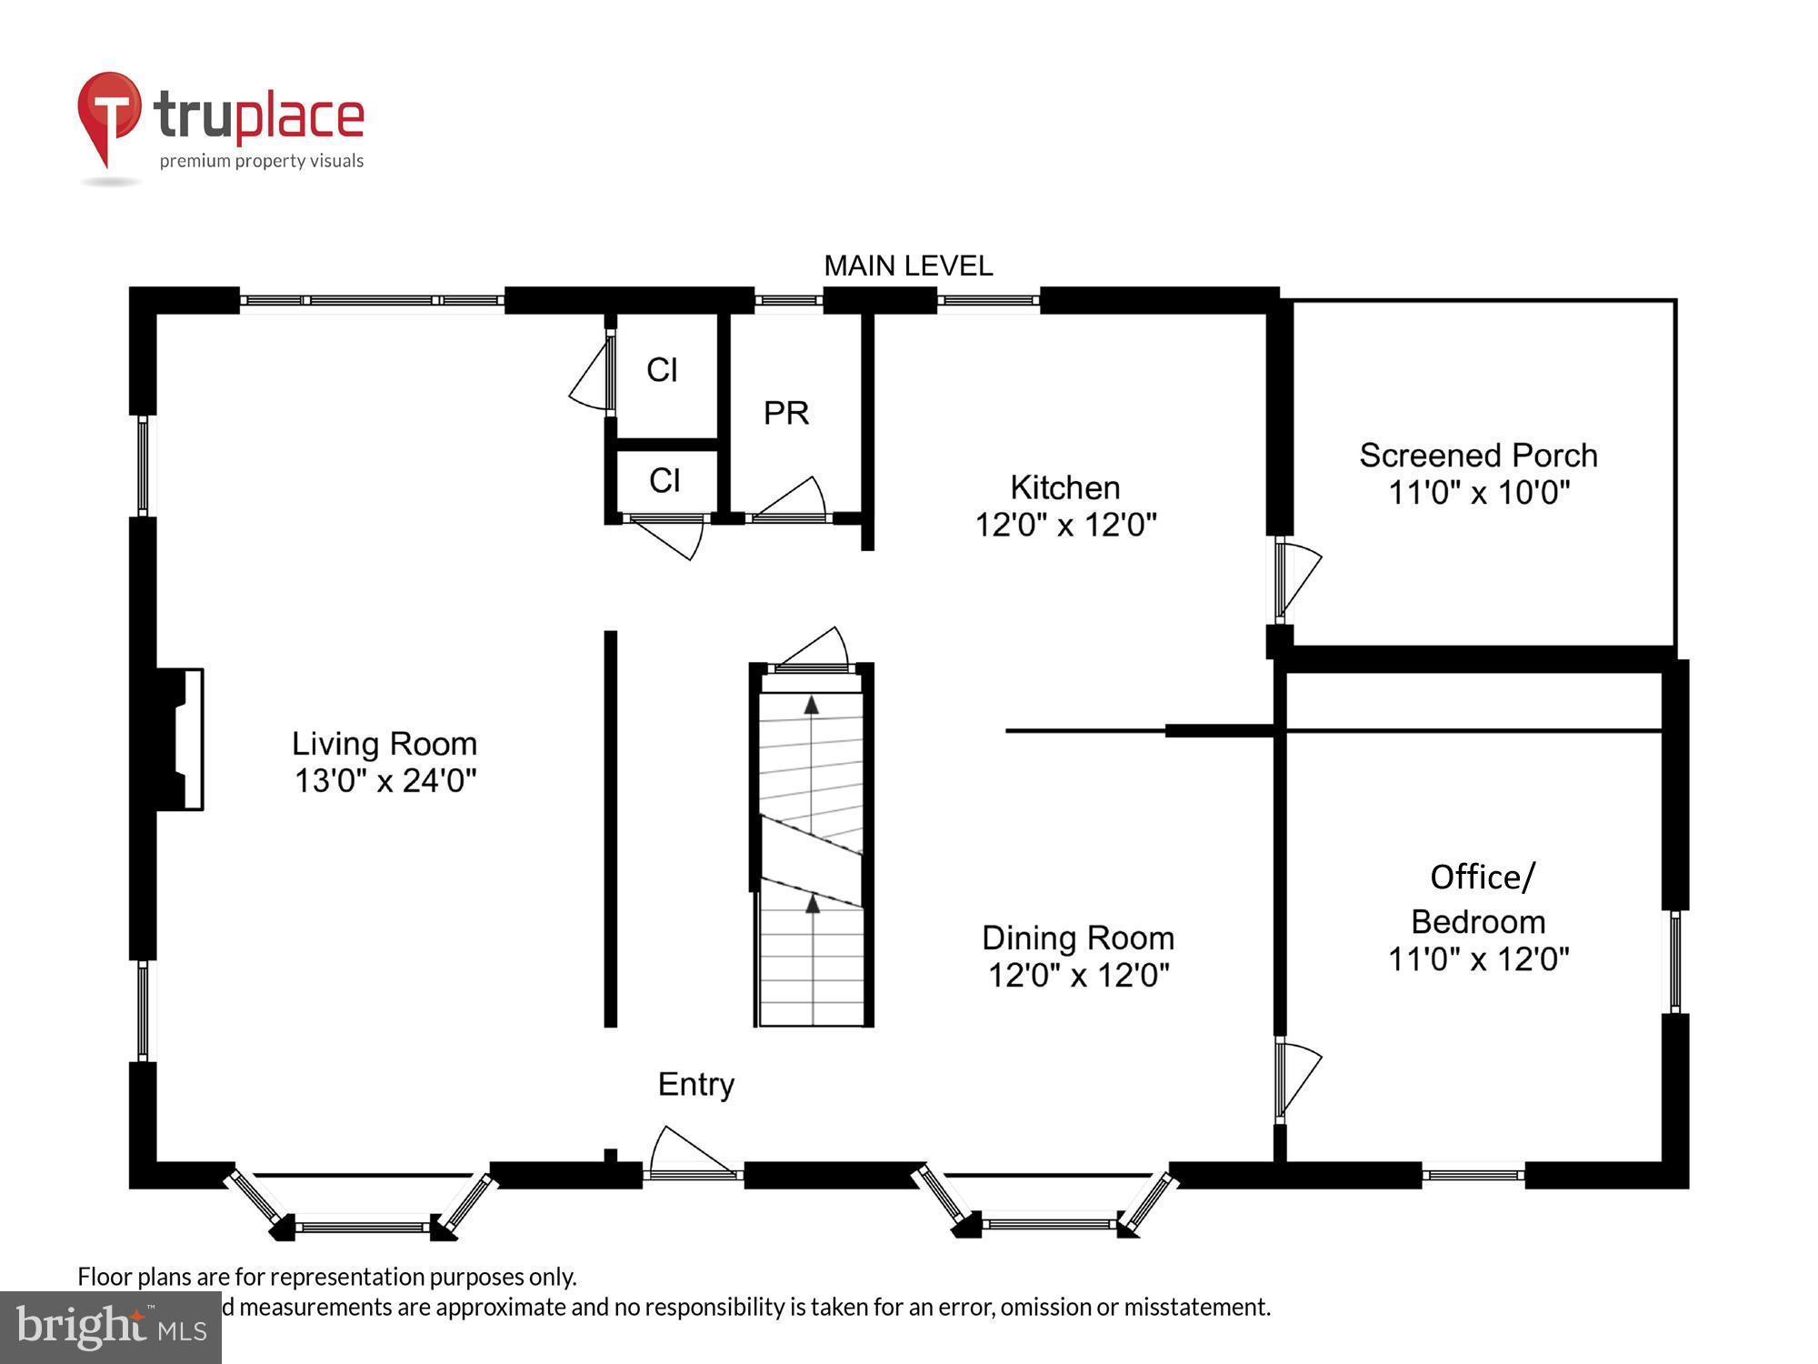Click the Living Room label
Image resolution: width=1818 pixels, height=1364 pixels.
point(384,744)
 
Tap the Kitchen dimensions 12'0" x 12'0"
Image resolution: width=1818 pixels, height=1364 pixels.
point(1065,525)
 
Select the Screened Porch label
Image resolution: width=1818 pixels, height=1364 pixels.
point(1478,455)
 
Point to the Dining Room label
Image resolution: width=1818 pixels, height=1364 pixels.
point(1078,938)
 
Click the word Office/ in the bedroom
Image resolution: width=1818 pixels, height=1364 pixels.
point(1482,877)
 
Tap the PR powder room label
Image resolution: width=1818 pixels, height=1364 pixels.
point(785,413)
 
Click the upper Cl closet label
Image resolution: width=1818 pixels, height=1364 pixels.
point(662,370)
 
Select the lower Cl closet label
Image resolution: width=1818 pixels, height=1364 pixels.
point(664,480)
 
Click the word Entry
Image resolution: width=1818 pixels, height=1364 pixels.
point(695,1084)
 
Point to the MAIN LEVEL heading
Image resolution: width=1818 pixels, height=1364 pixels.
point(907,266)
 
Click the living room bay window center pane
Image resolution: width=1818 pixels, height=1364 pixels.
point(364,1227)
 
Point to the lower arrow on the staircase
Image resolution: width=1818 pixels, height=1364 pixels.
point(813,904)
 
